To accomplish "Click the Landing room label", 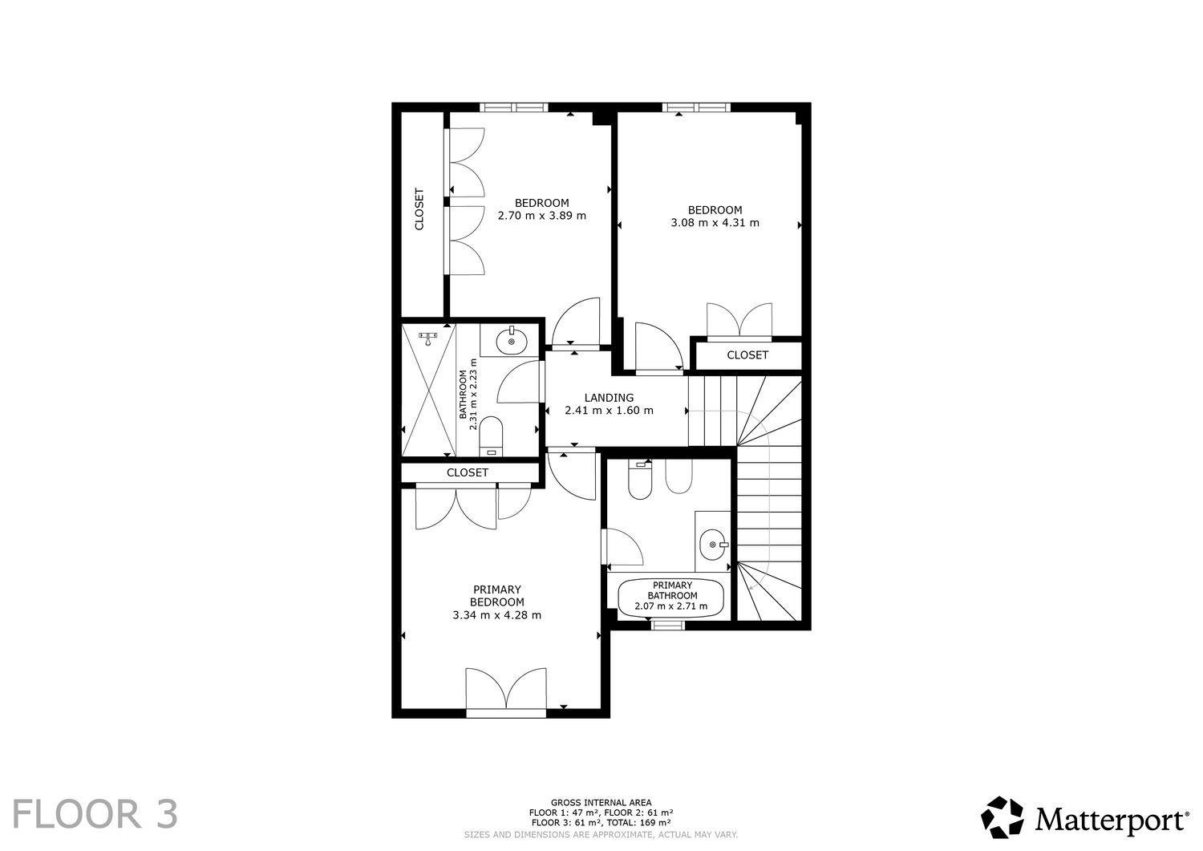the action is (609, 398).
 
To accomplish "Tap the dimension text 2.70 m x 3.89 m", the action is (542, 216).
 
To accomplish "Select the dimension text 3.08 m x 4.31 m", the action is (715, 223).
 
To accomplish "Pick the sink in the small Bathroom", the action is (512, 341).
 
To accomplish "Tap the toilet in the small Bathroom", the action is (490, 436).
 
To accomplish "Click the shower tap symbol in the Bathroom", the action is (427, 338).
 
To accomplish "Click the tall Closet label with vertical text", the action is (419, 209).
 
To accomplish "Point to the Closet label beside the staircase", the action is (747, 355).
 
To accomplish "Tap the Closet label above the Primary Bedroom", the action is (468, 472).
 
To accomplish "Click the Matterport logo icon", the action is (1003, 817).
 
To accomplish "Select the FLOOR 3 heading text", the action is (95, 814).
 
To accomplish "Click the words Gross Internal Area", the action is (601, 803).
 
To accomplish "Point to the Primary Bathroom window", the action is (668, 625).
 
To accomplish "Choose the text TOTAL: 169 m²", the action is (638, 822).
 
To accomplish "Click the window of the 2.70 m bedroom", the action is (514, 107).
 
